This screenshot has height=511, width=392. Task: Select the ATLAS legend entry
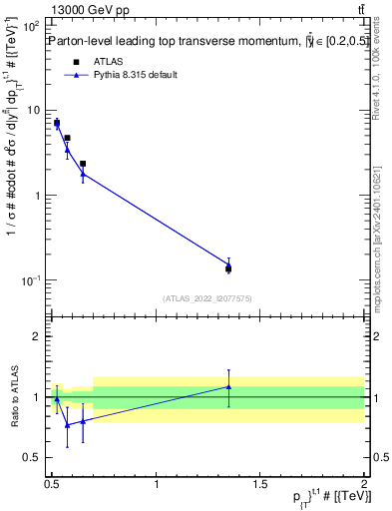(x=94, y=62)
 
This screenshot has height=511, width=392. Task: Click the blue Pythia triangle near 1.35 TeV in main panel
(x=228, y=264)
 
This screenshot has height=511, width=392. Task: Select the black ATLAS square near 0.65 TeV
(x=83, y=164)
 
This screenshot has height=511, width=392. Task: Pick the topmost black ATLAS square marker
(x=57, y=123)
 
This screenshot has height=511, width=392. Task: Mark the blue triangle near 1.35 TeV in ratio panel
(x=228, y=386)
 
